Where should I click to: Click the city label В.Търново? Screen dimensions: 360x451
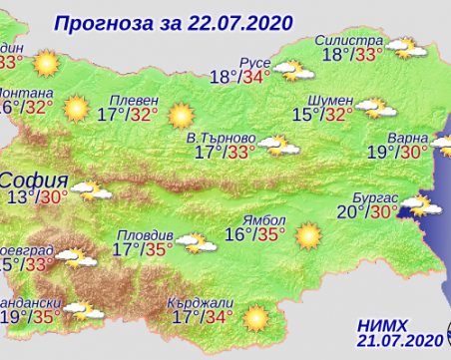225,137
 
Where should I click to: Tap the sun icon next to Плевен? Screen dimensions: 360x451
182,115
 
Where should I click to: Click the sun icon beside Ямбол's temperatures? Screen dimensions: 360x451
308,235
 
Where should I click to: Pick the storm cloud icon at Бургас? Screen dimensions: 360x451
417,205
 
